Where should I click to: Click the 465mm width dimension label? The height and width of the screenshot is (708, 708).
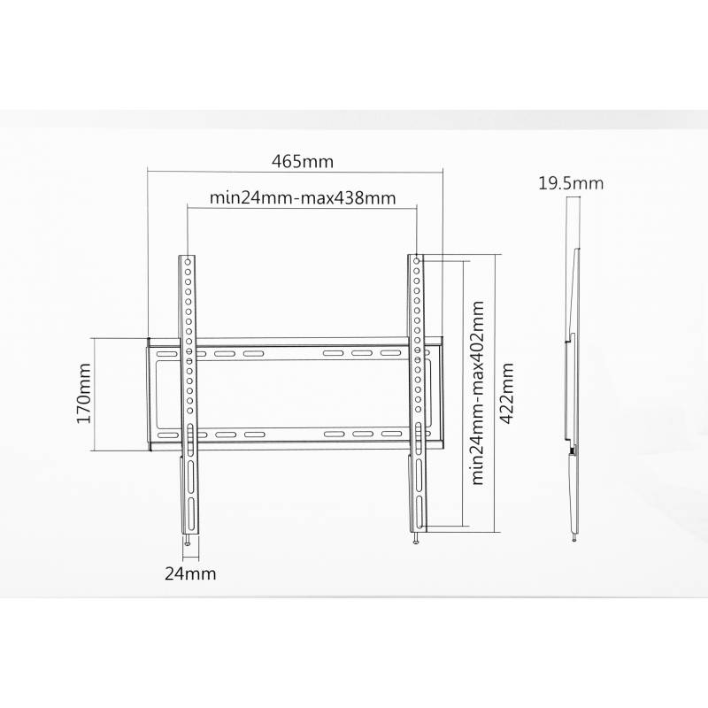[302, 161]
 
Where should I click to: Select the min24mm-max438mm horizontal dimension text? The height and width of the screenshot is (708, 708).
[303, 197]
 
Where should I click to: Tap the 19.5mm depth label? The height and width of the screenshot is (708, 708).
[571, 183]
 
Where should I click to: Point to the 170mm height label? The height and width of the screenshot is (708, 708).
[84, 393]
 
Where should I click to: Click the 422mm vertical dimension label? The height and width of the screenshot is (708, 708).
[506, 393]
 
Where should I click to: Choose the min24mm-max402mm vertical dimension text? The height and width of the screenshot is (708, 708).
[477, 393]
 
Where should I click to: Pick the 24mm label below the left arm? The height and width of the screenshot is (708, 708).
[190, 573]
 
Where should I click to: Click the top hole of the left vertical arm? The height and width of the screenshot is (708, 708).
[188, 262]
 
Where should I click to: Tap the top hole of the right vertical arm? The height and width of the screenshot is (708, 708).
[416, 261]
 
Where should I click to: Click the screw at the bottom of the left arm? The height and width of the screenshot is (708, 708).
[188, 540]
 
